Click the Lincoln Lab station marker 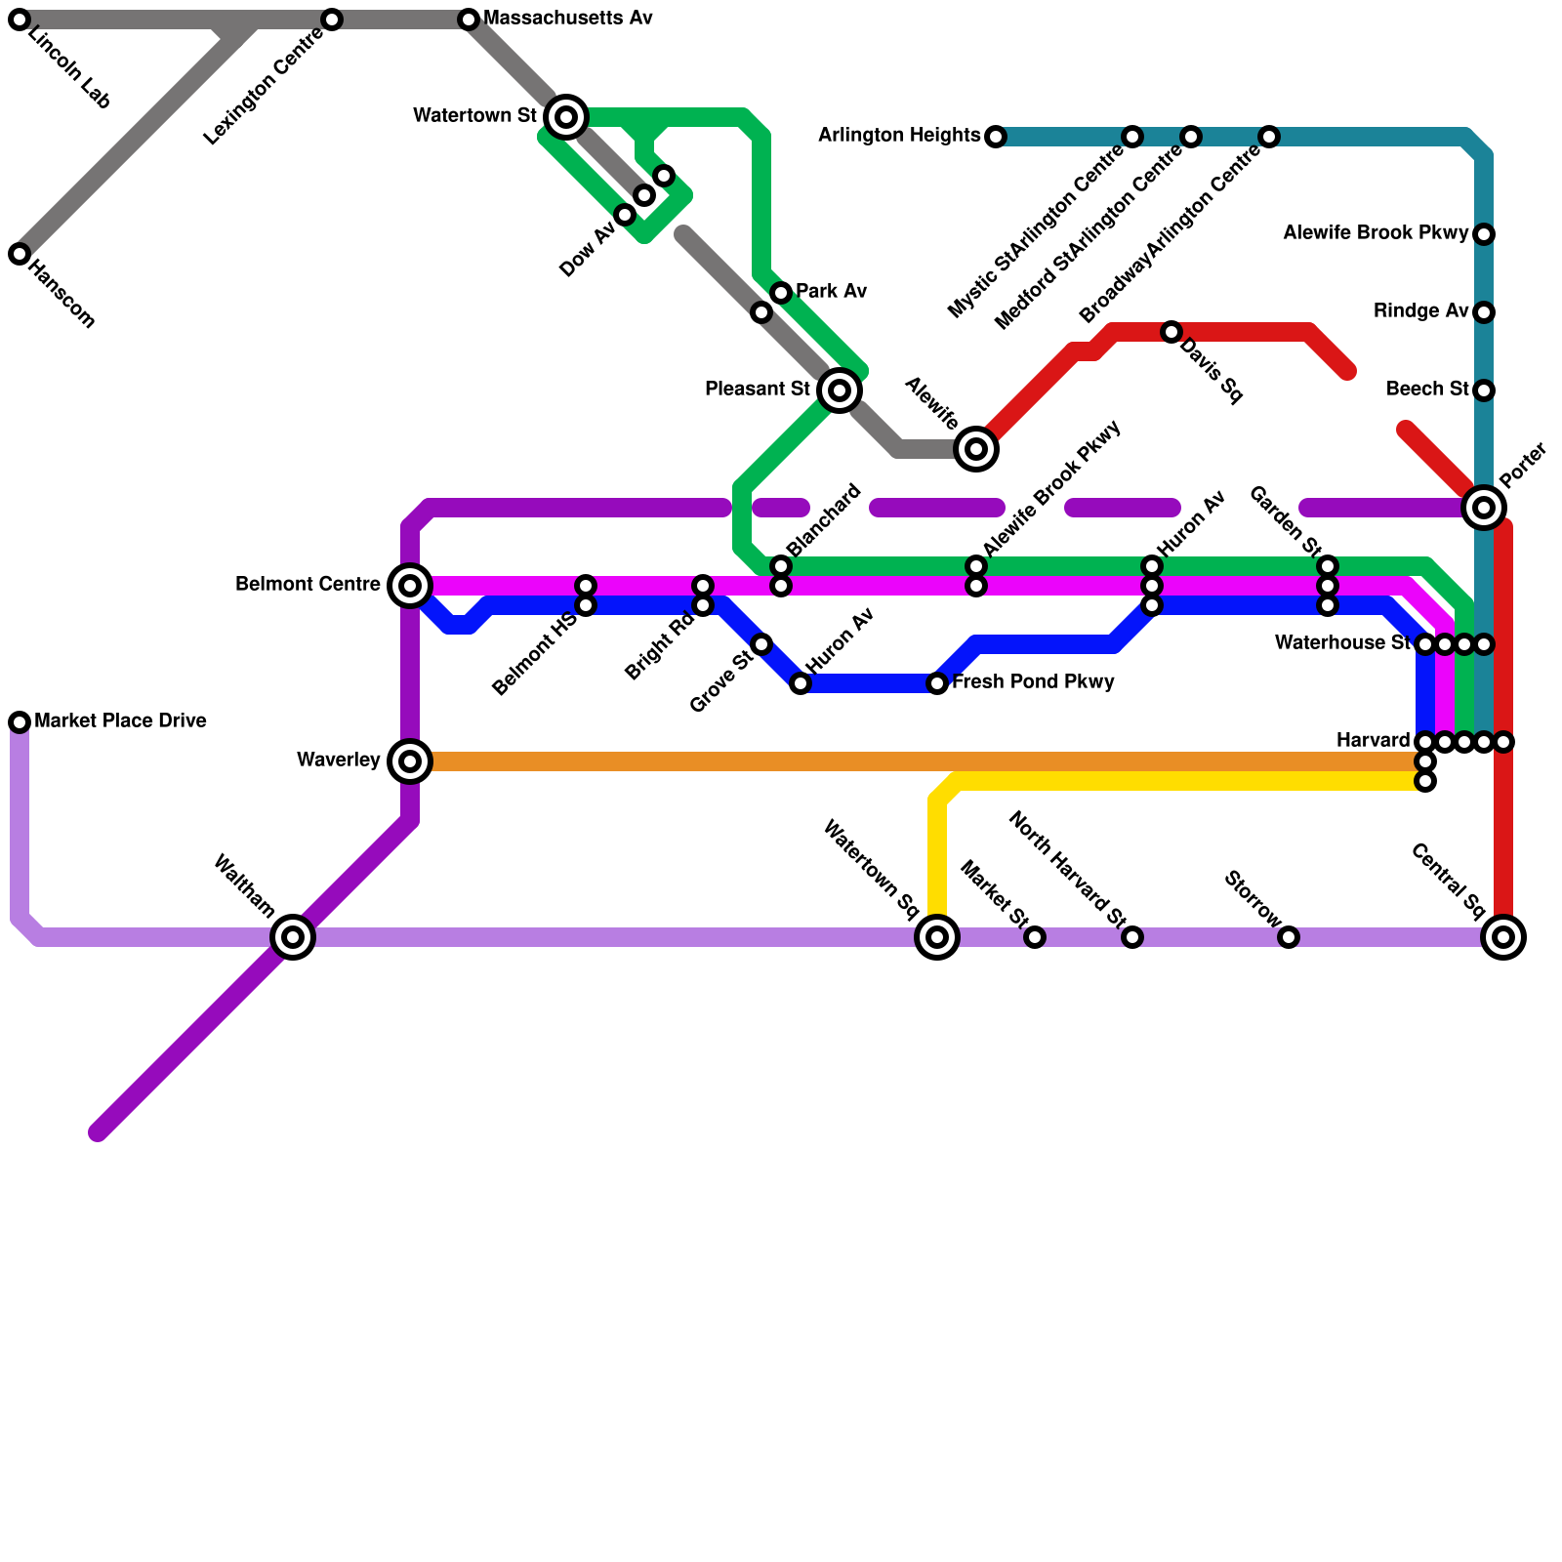[20, 20]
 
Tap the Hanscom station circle [20, 254]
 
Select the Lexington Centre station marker [332, 20]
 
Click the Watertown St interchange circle [566, 117]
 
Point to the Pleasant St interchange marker [840, 390]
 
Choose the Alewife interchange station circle [976, 449]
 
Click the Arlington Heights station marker [996, 137]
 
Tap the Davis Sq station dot [1171, 332]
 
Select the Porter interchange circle [1484, 508]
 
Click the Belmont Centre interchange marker [410, 586]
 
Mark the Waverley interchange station [410, 761]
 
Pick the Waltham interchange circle [293, 937]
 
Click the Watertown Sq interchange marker [937, 937]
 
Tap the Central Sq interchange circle [1503, 937]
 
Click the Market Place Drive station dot [20, 722]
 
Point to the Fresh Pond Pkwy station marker [937, 683]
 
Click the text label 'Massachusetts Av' [567, 19]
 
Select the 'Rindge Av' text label [1420, 311]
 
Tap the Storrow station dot [1289, 937]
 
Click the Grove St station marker [761, 644]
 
